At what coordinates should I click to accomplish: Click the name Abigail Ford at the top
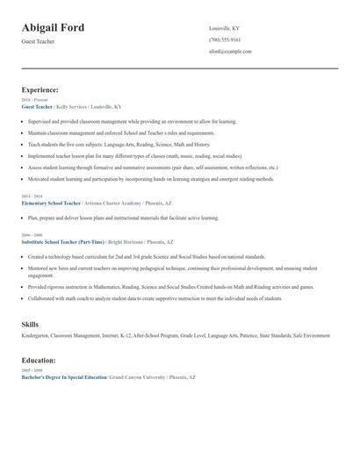[54, 28]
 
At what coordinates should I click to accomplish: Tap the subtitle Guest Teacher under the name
[38, 41]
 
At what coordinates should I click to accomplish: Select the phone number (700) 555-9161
[225, 39]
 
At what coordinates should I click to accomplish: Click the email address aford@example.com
[230, 51]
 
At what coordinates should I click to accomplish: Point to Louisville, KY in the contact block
[224, 28]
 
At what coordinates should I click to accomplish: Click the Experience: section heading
[40, 89]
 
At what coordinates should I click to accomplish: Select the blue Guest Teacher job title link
[37, 106]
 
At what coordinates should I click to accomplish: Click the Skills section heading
[30, 325]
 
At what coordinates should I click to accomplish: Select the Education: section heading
[39, 360]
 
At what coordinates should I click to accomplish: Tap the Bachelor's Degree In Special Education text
[63, 376]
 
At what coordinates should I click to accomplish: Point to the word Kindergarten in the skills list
[35, 336]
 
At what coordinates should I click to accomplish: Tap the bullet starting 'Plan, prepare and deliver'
[123, 218]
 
